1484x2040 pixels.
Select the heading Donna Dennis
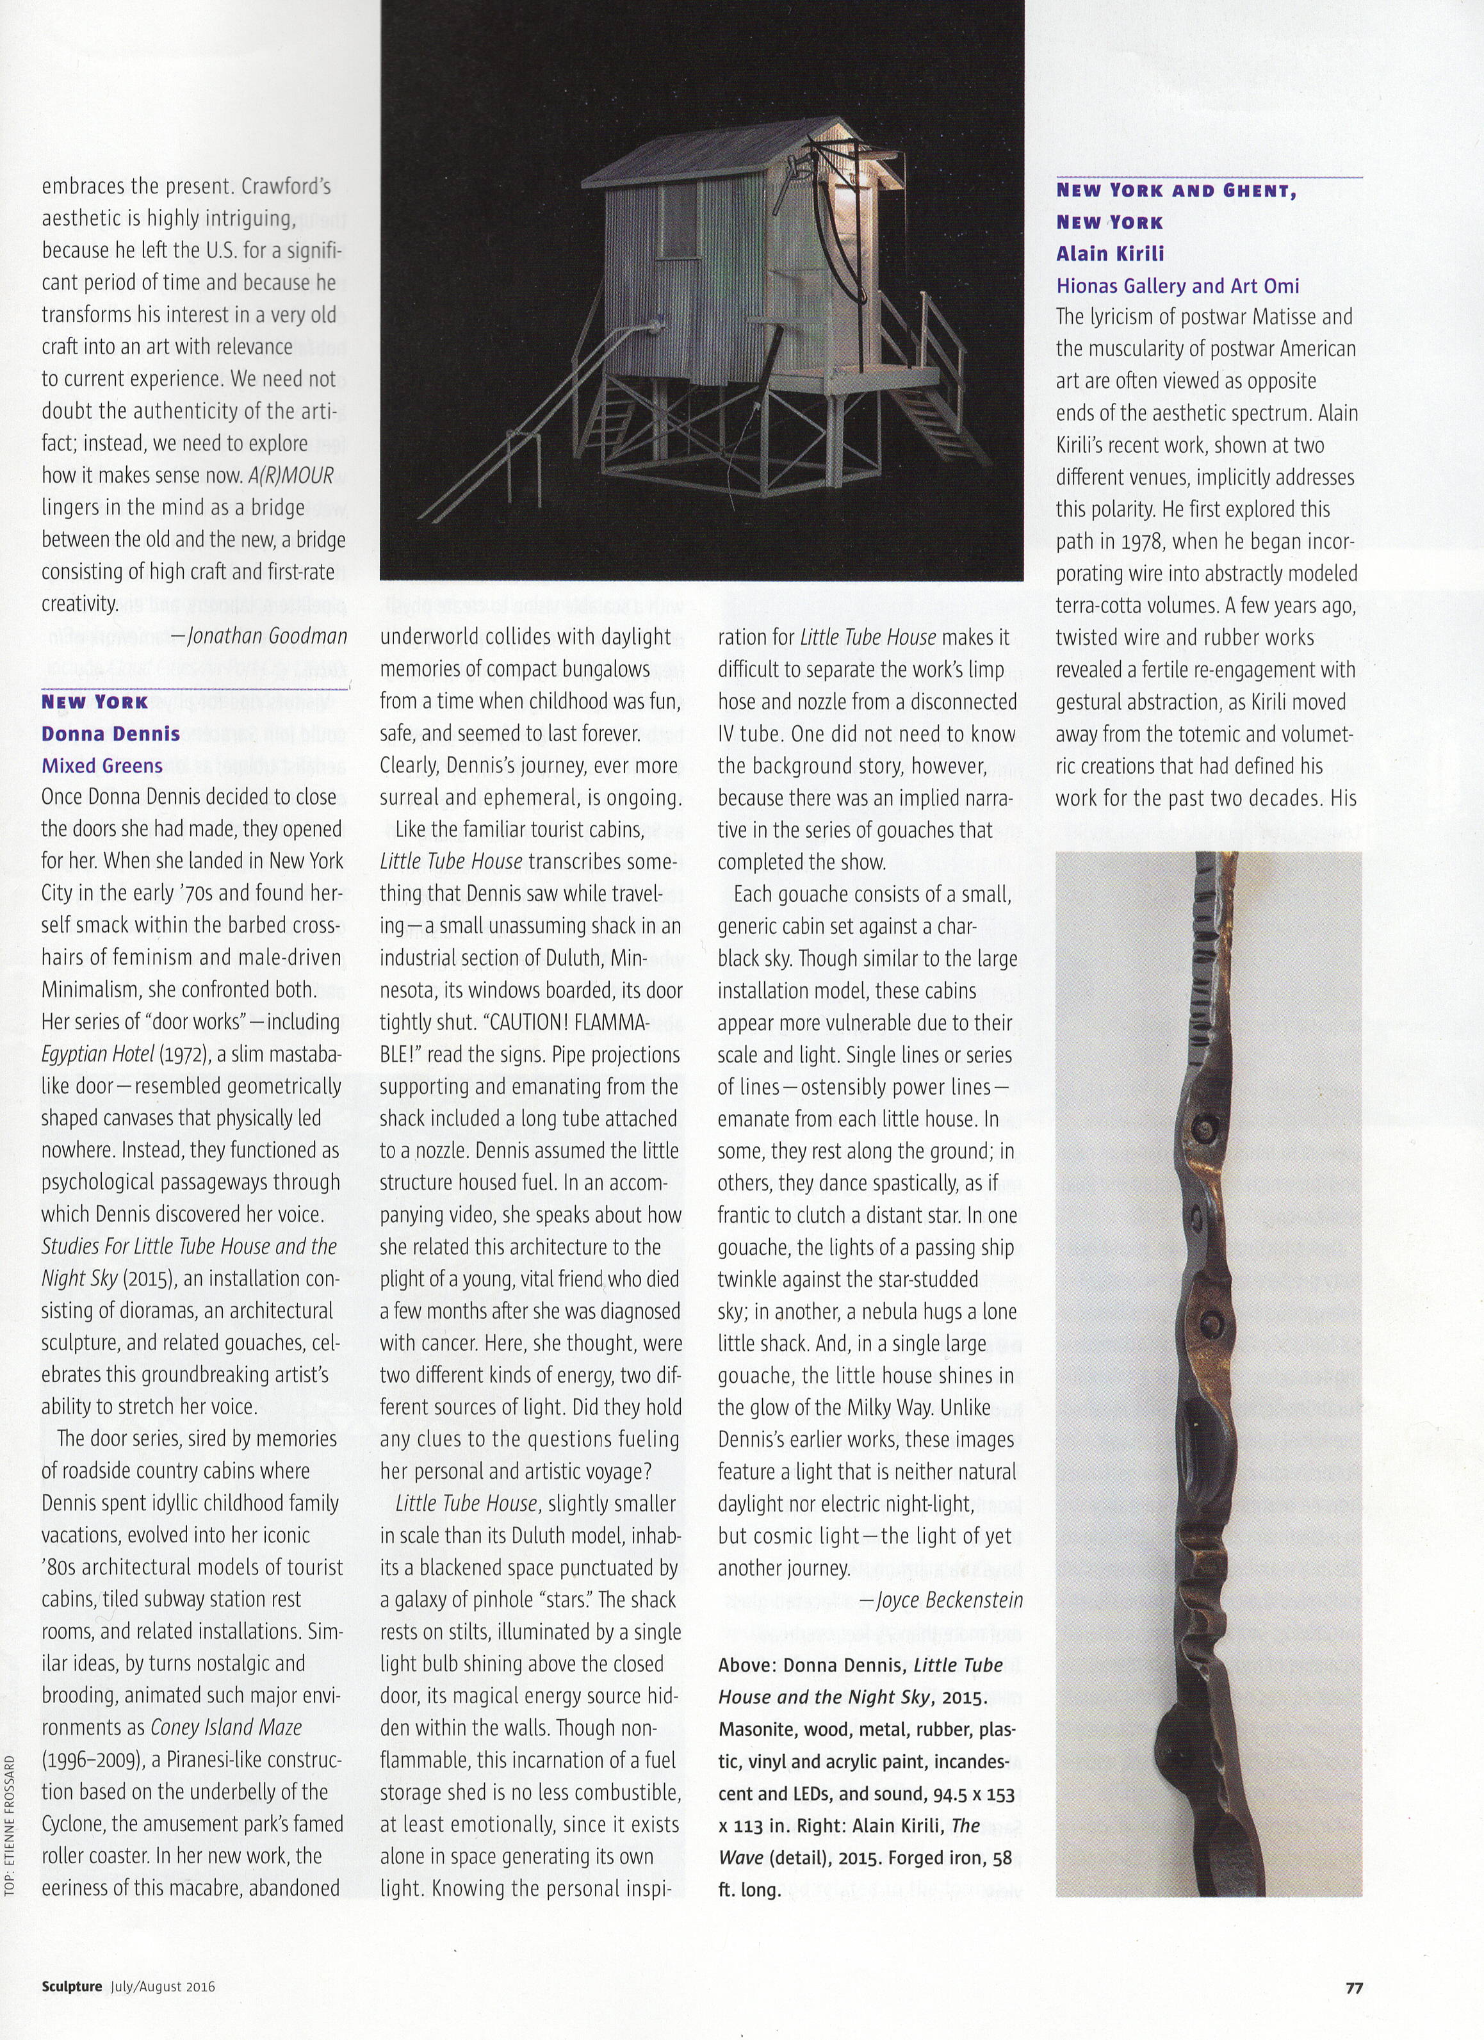coord(111,733)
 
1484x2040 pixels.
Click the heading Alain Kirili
coord(1110,254)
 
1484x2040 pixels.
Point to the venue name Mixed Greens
coord(102,765)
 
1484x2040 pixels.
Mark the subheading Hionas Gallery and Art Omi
coord(1177,286)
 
